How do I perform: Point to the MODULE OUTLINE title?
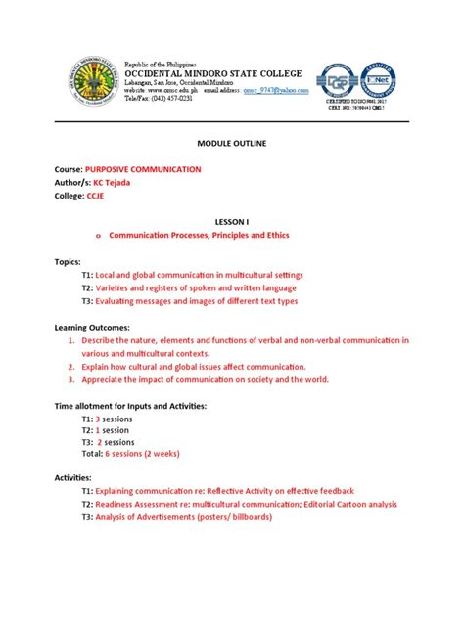click(x=231, y=144)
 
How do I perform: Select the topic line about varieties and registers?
click(x=188, y=287)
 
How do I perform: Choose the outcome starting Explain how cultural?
click(x=193, y=366)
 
